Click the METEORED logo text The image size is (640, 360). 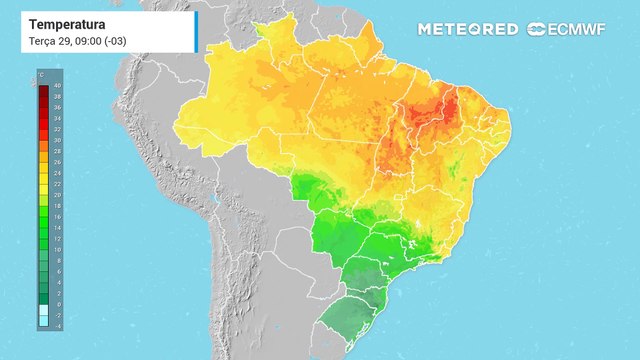pos(467,29)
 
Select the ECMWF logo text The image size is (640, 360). pos(575,29)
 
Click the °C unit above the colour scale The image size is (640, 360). pos(42,76)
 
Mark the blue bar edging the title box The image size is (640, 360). pos(196,31)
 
